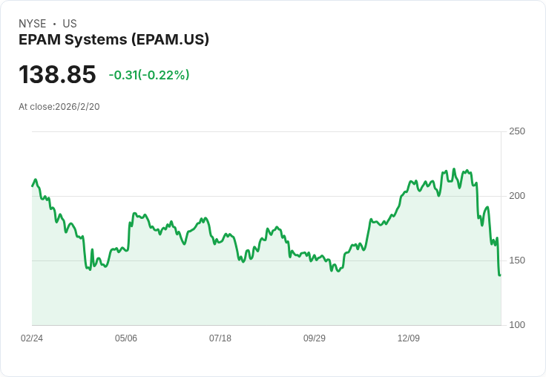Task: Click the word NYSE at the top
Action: pos(32,24)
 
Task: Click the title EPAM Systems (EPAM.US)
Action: pos(114,40)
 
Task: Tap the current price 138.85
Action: pos(57,75)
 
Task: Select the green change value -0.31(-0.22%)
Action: pos(148,75)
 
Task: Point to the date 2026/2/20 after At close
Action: pos(77,107)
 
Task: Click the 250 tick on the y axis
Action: pos(517,131)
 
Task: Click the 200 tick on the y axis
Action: pos(517,196)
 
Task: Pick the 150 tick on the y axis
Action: pos(517,260)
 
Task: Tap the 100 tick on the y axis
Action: pos(517,325)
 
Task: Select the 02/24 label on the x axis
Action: pos(32,338)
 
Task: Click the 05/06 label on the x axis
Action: pos(126,338)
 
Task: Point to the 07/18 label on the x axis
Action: pos(220,338)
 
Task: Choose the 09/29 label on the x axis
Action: pos(315,338)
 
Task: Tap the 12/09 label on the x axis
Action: pos(409,338)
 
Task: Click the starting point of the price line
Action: pos(33,186)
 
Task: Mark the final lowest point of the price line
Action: pos(500,275)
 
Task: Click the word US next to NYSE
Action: pos(70,24)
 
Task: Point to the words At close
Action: pos(36,107)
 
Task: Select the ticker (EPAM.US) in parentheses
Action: pos(170,40)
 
